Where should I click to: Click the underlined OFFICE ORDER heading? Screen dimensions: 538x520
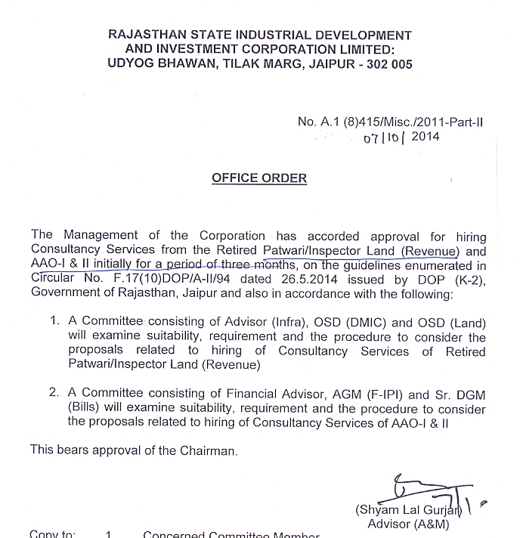[259, 178]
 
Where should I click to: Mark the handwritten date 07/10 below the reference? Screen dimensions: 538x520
[383, 139]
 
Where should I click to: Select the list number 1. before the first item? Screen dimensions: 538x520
[54, 322]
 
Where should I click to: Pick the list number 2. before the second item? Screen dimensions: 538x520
[54, 394]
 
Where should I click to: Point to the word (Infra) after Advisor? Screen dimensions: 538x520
[265, 322]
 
